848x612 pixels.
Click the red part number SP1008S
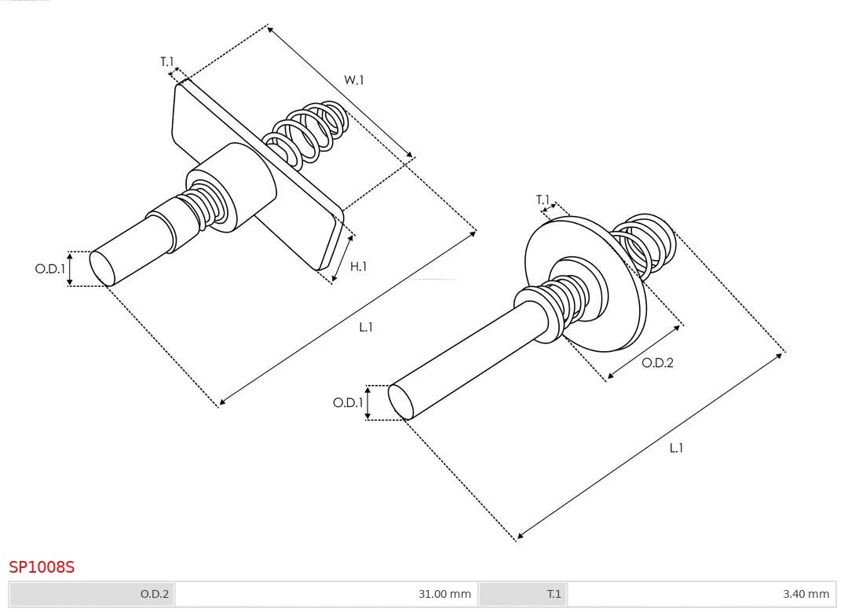(42, 566)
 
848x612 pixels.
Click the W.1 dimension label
(354, 80)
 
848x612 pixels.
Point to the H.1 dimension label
(358, 266)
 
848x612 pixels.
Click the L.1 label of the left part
(366, 327)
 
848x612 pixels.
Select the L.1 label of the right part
(676, 448)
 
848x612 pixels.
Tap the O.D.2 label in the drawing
(657, 363)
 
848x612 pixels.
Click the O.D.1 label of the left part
(49, 269)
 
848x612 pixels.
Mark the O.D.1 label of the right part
(348, 403)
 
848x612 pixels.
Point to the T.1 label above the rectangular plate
(166, 61)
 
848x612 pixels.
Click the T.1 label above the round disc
(543, 200)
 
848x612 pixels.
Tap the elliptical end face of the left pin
(102, 268)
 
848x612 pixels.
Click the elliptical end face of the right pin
(400, 402)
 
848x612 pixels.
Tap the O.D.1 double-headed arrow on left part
(69, 269)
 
